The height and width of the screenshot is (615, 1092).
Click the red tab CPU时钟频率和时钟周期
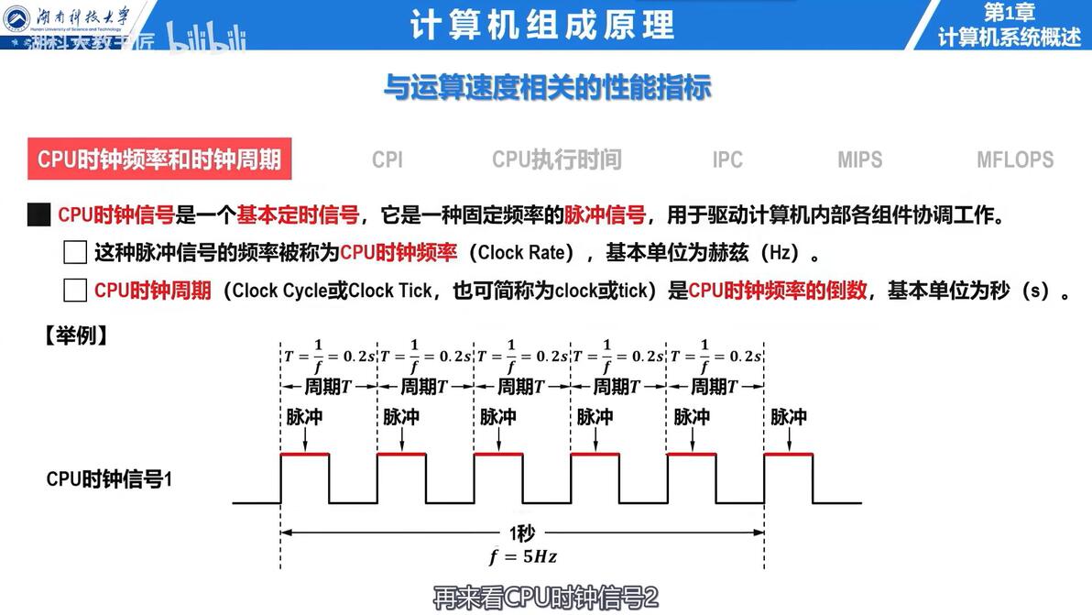coord(158,159)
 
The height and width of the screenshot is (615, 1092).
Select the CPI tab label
coord(388,159)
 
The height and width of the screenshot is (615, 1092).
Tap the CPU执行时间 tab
coord(557,159)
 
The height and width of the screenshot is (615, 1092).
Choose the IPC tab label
coord(727,159)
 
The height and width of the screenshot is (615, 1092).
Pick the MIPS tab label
coord(859,159)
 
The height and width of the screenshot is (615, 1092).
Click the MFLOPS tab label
coord(1015,159)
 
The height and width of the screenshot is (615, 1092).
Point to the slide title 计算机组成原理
coord(542,25)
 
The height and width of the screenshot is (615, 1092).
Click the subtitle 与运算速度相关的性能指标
coord(547,88)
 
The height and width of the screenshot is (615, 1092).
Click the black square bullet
coord(38,216)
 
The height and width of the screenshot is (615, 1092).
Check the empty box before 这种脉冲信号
coord(75,253)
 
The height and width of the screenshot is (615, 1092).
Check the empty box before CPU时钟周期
coord(75,291)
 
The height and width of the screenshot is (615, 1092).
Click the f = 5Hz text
coord(522,555)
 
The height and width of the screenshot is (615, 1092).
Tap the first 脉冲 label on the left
coord(304,417)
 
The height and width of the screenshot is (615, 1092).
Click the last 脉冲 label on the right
coord(788,417)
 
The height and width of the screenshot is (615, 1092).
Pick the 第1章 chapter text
coord(1009,12)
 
